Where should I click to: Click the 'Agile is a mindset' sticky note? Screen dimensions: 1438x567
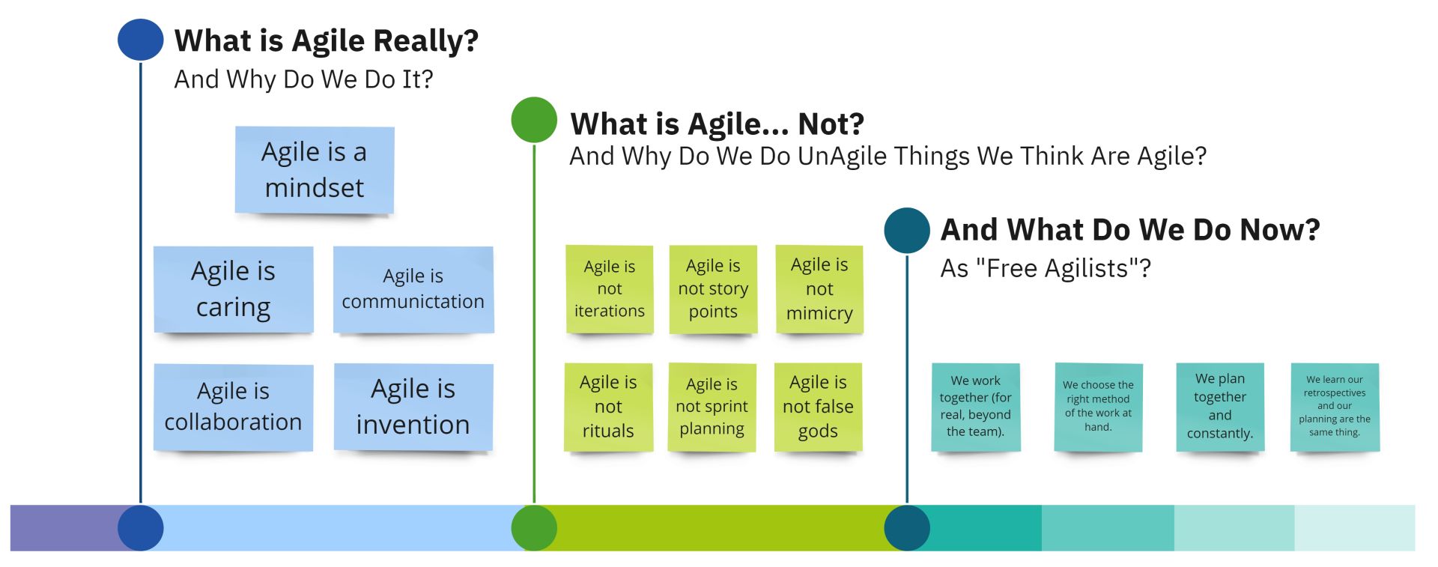click(x=315, y=170)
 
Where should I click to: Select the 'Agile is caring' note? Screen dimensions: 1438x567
click(x=234, y=289)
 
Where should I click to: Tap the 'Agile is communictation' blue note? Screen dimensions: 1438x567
click(x=413, y=289)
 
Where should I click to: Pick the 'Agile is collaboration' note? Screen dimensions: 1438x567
click(x=234, y=407)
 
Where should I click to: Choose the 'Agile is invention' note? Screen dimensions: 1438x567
click(x=413, y=407)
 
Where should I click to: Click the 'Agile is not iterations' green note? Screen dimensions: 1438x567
click(x=610, y=289)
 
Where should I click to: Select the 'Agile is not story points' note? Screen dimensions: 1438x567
click(x=713, y=289)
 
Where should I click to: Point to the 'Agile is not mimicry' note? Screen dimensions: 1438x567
click(x=819, y=289)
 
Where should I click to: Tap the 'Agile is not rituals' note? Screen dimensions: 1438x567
click(x=608, y=407)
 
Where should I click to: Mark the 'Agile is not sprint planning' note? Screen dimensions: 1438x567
click(x=712, y=407)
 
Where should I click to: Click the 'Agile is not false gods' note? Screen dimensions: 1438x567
click(x=818, y=407)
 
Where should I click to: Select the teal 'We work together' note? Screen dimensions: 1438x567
click(x=976, y=407)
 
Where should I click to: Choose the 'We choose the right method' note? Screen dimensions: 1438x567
click(x=1098, y=407)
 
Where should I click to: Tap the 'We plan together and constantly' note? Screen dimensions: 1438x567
click(x=1220, y=407)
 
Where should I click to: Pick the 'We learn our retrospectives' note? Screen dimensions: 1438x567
click(x=1335, y=407)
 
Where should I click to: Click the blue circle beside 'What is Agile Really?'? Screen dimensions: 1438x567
click(x=141, y=40)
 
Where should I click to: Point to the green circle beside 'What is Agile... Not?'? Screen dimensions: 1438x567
click(x=534, y=120)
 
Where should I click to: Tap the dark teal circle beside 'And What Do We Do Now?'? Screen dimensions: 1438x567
click(x=907, y=231)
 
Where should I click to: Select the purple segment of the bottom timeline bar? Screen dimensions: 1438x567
click(x=67, y=528)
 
